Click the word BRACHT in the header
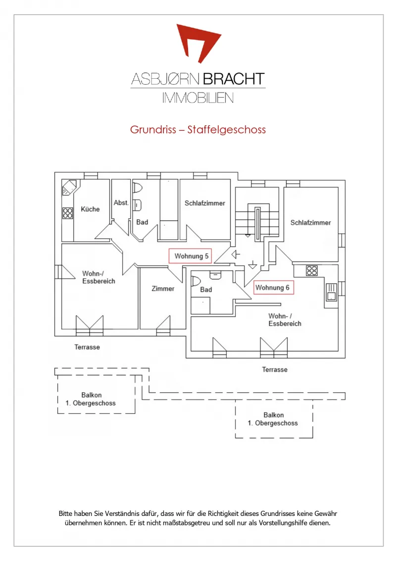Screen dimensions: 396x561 (234, 79)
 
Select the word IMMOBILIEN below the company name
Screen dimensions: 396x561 (198, 98)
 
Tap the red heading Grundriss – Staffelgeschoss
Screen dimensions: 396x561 (198, 130)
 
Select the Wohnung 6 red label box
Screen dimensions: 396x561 (274, 287)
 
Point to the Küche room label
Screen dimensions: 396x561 (90, 209)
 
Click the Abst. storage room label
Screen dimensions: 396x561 (121, 203)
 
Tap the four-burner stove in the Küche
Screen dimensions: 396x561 (68, 213)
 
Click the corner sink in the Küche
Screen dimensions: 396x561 (69, 187)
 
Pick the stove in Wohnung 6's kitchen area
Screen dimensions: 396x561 (311, 270)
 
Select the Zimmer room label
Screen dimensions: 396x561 (163, 289)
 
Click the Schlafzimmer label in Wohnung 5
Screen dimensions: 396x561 (204, 203)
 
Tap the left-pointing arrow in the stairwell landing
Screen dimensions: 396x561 (236, 255)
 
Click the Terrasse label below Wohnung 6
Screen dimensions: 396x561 (275, 369)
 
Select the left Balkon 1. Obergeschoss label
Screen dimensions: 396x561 (91, 399)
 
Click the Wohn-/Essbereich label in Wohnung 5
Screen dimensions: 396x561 (99, 277)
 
